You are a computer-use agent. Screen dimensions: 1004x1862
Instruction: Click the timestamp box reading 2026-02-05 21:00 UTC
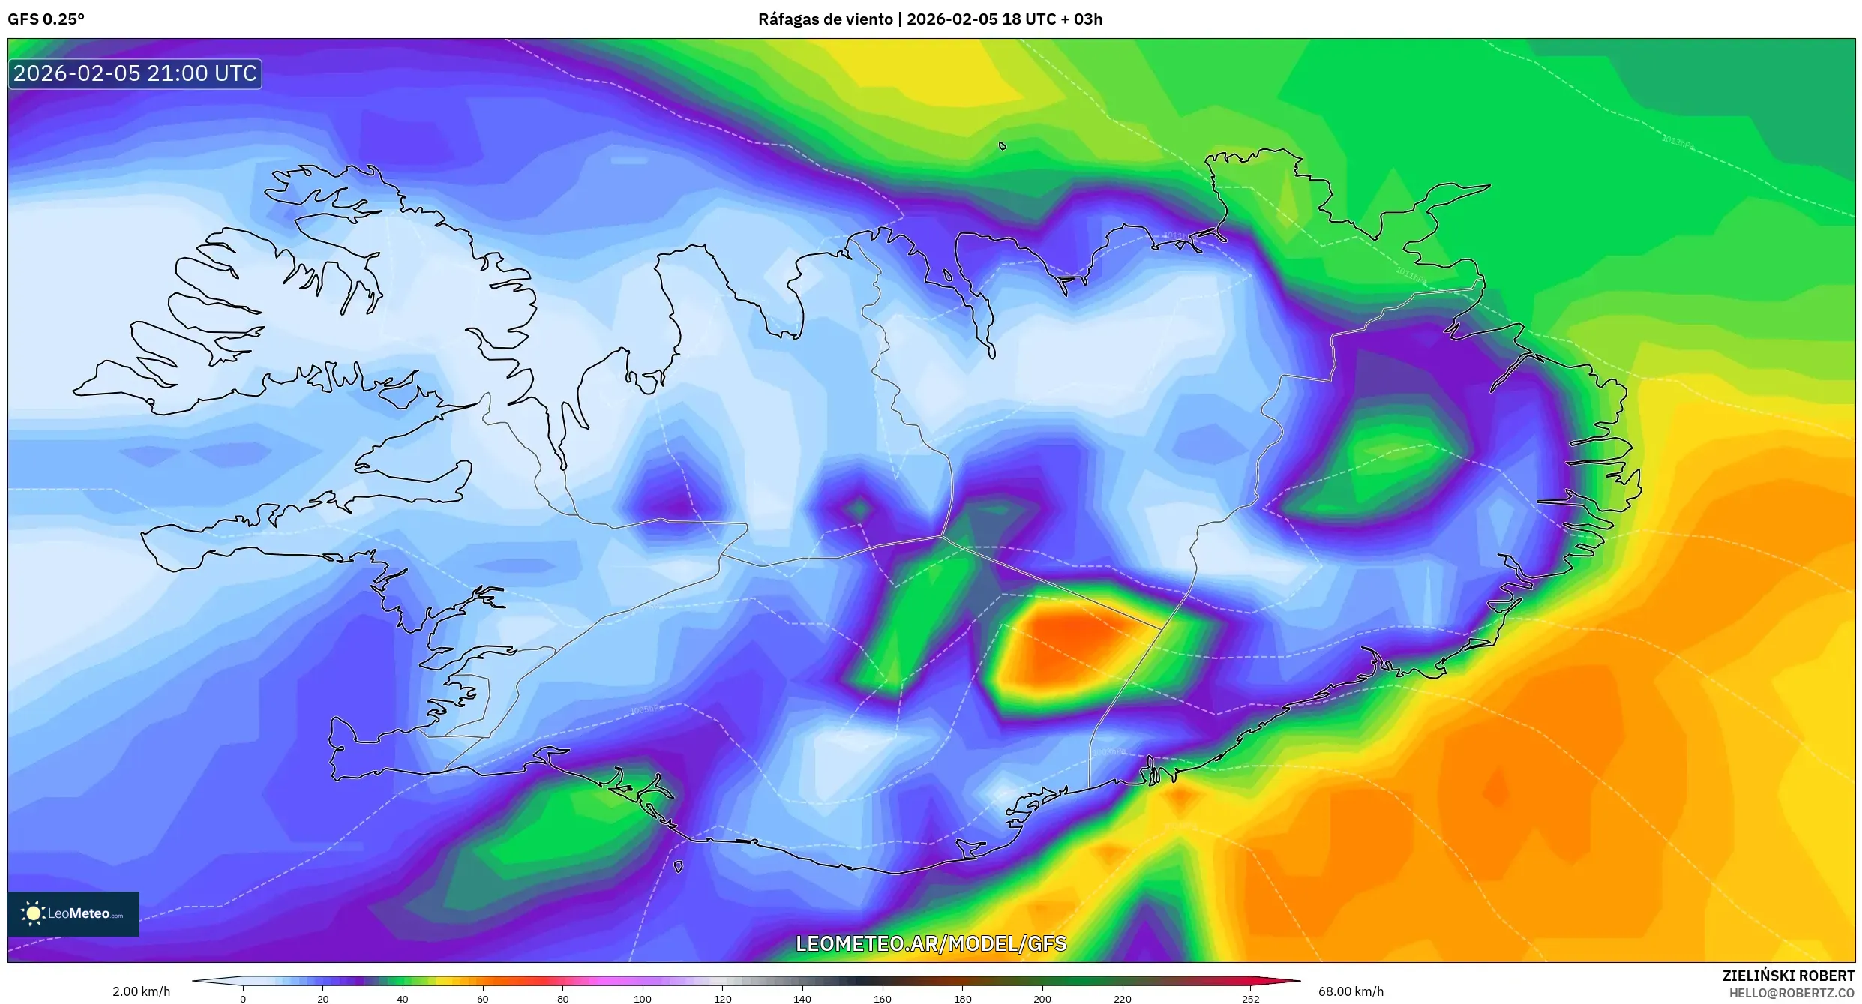135,74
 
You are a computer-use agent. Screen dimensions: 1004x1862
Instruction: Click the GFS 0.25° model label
46,19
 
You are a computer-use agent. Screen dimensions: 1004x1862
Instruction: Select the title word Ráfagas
787,19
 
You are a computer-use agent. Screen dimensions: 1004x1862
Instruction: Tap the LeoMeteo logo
73,913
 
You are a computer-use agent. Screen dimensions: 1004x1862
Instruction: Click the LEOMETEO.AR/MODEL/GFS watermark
931,943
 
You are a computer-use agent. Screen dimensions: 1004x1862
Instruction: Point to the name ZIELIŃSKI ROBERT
1788,976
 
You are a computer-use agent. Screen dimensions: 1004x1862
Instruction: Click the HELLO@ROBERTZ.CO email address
1792,993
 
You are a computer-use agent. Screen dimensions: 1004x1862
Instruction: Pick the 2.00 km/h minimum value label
141,991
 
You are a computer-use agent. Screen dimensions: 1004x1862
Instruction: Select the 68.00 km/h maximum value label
1351,991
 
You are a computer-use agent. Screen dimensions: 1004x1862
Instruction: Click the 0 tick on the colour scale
243,999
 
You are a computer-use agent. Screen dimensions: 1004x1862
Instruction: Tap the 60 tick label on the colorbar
483,999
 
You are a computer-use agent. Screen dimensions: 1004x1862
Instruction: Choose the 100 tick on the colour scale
643,999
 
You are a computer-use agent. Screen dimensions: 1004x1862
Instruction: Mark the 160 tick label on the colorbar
883,999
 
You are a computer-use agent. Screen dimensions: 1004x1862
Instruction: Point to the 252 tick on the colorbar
1250,999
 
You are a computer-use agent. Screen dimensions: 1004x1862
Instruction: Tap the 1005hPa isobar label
646,709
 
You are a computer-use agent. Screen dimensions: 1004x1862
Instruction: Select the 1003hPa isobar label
1108,751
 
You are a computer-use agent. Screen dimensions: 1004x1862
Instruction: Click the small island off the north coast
1003,146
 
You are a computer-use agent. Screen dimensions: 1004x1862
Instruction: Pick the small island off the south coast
678,867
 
